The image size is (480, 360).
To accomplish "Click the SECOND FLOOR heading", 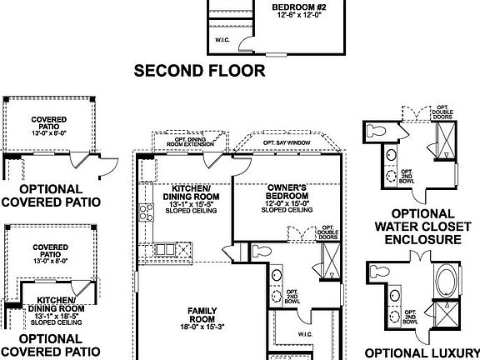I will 200,72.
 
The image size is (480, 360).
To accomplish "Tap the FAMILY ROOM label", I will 202,314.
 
